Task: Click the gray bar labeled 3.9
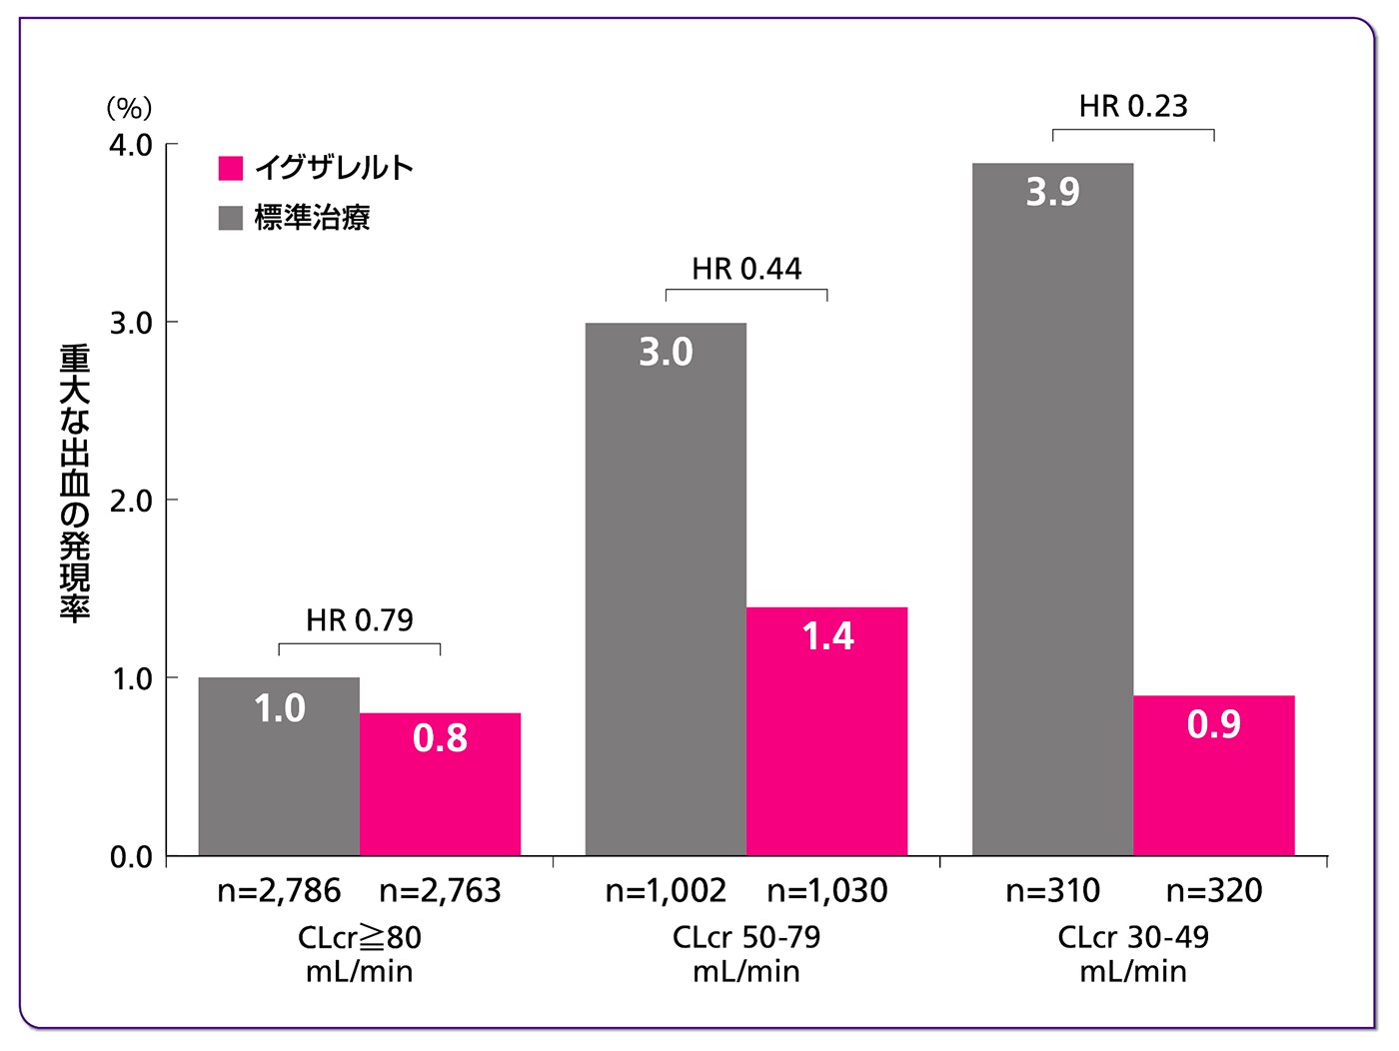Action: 1052,510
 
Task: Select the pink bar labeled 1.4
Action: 826,730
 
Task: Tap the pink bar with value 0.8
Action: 440,783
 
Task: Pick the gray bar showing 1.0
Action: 279,766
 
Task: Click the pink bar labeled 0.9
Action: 1213,774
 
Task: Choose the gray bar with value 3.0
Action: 666,589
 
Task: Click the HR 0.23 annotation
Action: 1133,106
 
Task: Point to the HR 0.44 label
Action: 746,269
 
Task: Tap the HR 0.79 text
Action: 359,620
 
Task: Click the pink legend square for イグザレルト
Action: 231,168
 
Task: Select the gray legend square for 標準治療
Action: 231,218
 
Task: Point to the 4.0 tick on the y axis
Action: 131,145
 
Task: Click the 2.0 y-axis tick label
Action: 131,501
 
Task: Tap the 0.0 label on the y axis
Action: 131,857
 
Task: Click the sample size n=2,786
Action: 279,890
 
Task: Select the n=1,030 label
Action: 826,890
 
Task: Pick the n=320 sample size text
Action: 1214,890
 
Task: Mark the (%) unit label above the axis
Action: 129,107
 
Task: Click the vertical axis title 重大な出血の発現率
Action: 75,484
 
